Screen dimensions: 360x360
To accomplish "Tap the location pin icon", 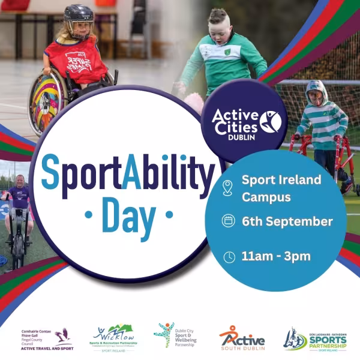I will tap(227, 187).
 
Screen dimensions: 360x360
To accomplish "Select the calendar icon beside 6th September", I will tap(229, 221).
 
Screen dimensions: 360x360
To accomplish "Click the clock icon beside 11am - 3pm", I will tap(229, 257).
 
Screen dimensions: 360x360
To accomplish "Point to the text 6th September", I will tap(287, 221).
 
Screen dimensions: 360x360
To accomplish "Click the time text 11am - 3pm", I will tap(275, 256).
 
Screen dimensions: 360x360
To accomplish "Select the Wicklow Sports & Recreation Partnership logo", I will tap(113, 337).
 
